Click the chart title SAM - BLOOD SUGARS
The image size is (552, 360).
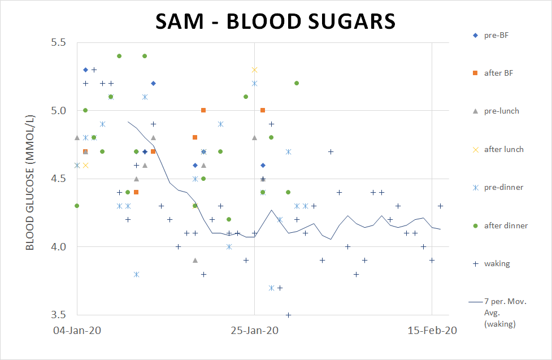tap(276, 21)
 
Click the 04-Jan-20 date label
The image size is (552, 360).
tap(77, 331)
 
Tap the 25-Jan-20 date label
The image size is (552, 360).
tap(254, 331)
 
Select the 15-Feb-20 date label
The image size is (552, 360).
tap(432, 331)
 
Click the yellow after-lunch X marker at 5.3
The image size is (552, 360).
tap(254, 70)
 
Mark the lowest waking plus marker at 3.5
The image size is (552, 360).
tap(288, 315)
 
